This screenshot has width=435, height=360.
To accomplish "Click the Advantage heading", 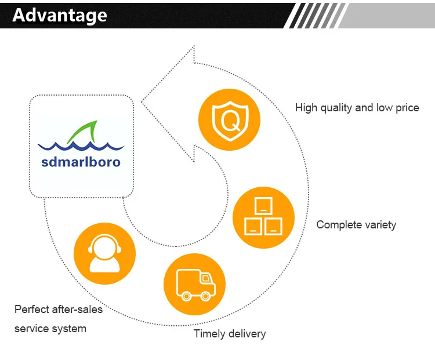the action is pyautogui.click(x=60, y=16).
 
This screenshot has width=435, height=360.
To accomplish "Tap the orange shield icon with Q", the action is pyautogui.click(x=229, y=121).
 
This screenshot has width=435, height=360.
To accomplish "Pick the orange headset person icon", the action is pyautogui.click(x=104, y=254).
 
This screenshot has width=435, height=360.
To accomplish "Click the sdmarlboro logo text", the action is pyautogui.click(x=81, y=162).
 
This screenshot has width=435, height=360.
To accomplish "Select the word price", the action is pyautogui.click(x=407, y=108).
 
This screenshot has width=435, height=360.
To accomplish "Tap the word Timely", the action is pyautogui.click(x=208, y=333).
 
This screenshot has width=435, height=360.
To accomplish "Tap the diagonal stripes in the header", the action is pyautogui.click(x=313, y=15).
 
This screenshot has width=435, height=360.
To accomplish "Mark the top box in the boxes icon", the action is pyautogui.click(x=263, y=205).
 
